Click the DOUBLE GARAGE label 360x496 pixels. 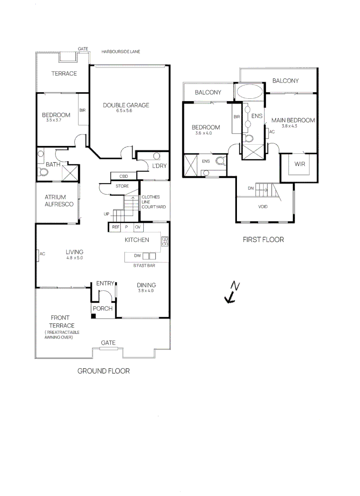click(x=126, y=105)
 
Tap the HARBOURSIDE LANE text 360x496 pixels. click(x=121, y=52)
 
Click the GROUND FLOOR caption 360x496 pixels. click(x=103, y=371)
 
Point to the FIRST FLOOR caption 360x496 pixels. click(x=263, y=240)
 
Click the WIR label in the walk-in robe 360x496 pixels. click(x=300, y=164)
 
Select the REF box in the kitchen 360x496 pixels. click(x=115, y=227)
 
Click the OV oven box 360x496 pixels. click(x=137, y=227)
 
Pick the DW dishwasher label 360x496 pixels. click(x=137, y=255)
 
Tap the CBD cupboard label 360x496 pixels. click(x=124, y=176)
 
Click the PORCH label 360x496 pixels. click(x=103, y=309)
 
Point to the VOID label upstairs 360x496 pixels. click(x=263, y=207)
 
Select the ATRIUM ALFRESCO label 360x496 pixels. click(x=59, y=201)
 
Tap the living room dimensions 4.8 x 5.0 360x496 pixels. click(x=74, y=258)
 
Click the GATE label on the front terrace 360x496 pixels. click(x=108, y=343)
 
